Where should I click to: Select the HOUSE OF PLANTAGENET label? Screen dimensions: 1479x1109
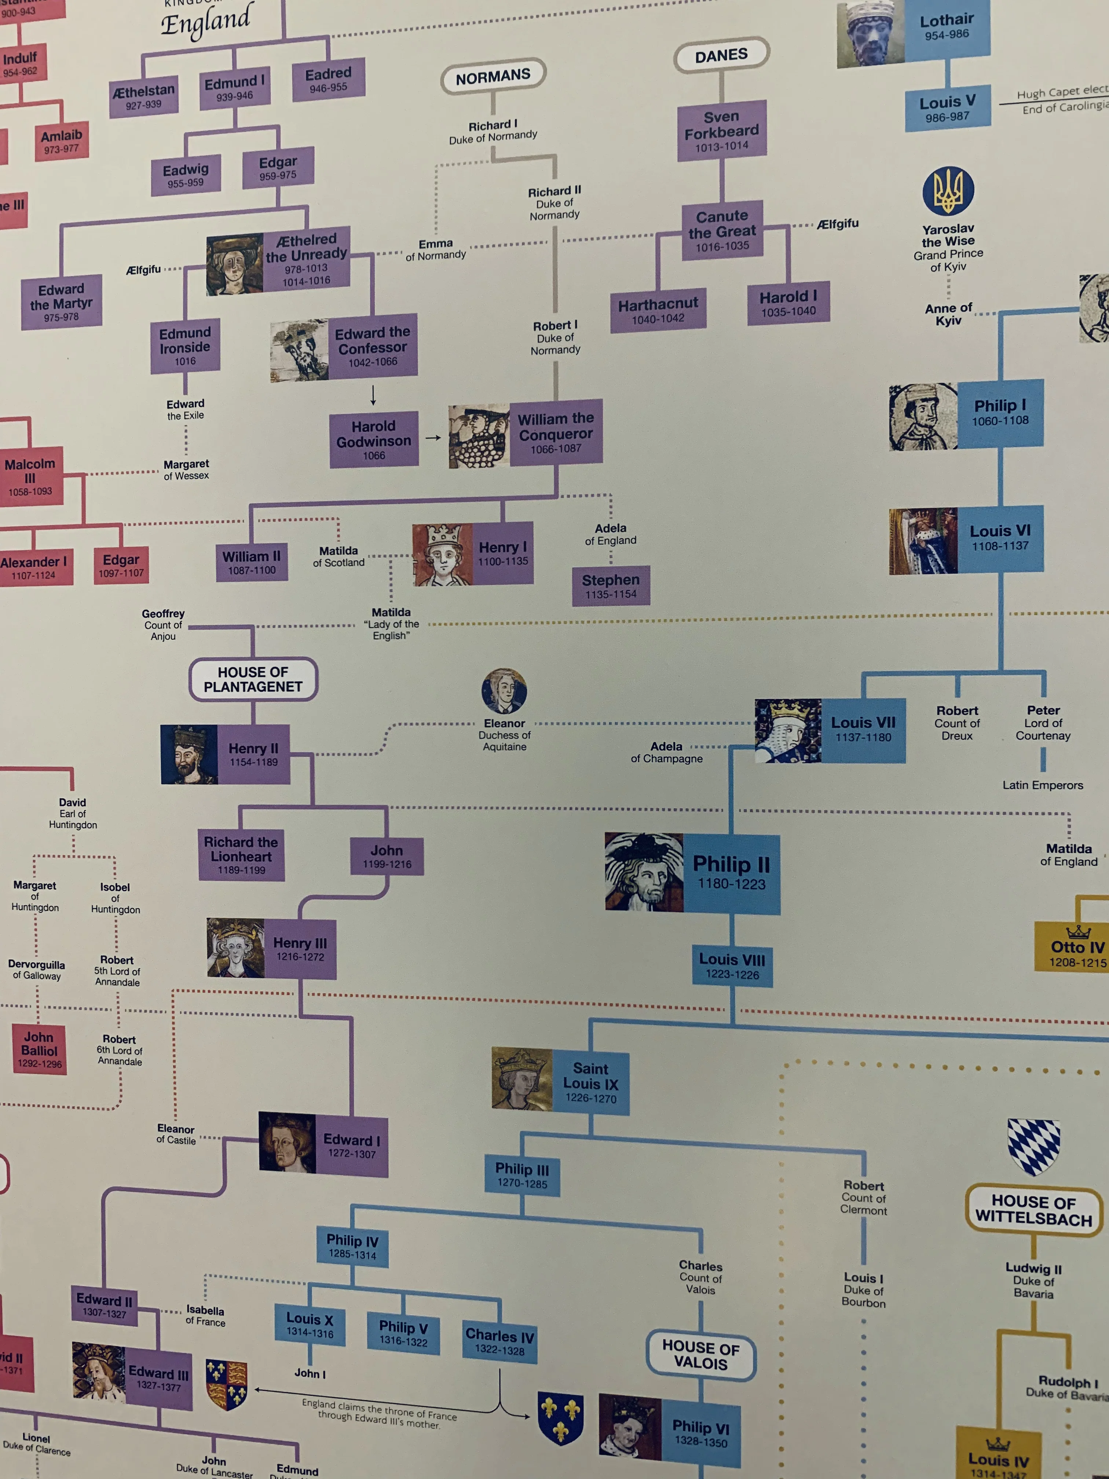coord(253,679)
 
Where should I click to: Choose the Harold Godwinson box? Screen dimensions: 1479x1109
coord(374,439)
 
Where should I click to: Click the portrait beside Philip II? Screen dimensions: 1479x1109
coord(644,871)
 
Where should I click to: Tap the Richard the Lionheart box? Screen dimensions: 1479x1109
coord(241,855)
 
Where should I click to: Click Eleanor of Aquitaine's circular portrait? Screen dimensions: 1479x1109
coord(504,691)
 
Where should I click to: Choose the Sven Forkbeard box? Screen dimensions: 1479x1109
coord(721,130)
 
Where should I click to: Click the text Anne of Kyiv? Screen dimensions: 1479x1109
coord(948,314)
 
